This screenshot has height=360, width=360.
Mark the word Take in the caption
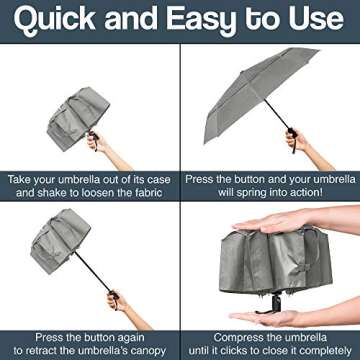point(22,178)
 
